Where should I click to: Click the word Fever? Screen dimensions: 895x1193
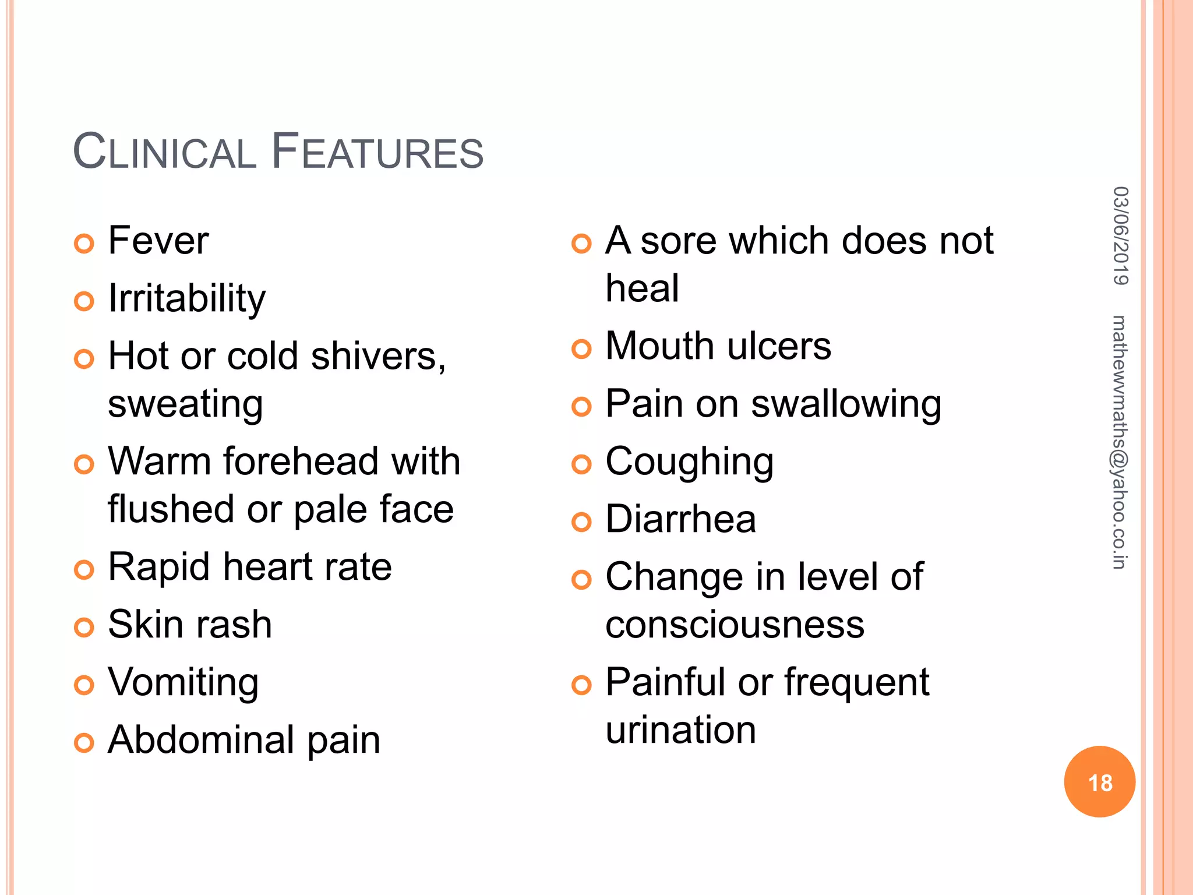[x=158, y=241]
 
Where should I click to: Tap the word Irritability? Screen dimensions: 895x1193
[x=187, y=299]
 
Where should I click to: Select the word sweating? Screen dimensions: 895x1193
[x=185, y=404]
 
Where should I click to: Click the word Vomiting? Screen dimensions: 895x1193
[x=183, y=683]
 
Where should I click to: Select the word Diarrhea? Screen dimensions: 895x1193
[x=680, y=519]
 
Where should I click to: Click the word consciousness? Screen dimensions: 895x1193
[x=735, y=625]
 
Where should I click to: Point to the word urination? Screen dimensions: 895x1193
[x=680, y=730]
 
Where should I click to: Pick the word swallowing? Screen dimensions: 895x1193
[x=846, y=404]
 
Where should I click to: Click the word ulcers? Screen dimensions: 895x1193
[x=779, y=346]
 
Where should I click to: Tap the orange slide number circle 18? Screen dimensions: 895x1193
[x=1099, y=782]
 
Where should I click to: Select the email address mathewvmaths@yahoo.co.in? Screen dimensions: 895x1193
[x=1120, y=442]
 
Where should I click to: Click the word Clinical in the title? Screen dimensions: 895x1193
[x=165, y=153]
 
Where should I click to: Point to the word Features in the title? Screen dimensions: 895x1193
[x=377, y=153]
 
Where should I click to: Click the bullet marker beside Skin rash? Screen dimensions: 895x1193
[x=84, y=628]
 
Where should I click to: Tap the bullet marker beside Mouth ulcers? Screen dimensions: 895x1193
[x=581, y=349]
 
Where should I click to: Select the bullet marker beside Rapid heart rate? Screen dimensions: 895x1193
[x=84, y=570]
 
